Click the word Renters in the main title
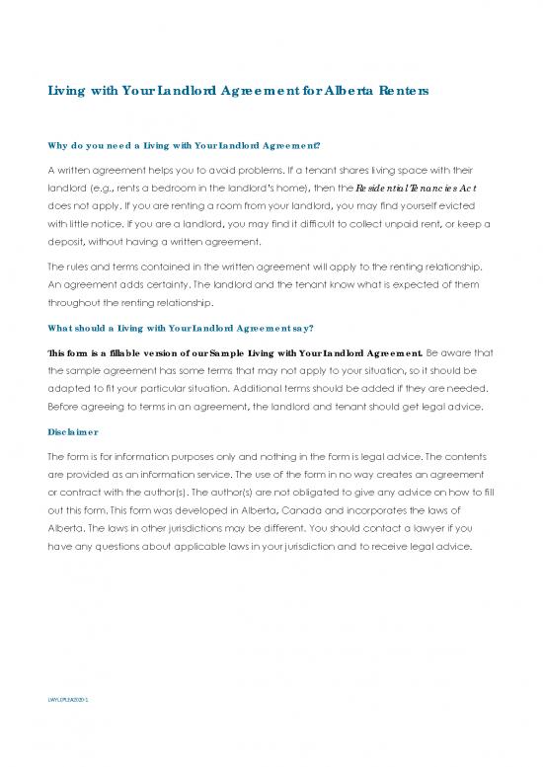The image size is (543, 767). click(x=402, y=91)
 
